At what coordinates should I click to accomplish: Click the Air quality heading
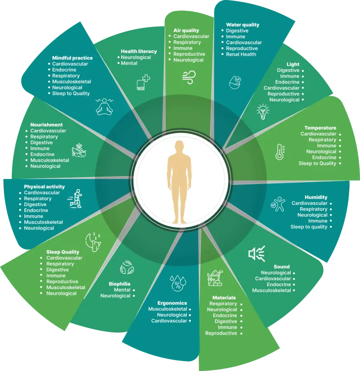186,30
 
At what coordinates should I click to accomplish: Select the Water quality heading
242,25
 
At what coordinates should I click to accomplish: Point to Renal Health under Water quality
241,54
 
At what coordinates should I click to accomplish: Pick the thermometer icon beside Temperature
280,152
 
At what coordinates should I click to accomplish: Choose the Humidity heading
316,197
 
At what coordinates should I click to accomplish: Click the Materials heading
224,298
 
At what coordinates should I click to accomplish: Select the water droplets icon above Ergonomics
178,283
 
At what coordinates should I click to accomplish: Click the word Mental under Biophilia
122,290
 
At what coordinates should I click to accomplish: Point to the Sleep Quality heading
63,252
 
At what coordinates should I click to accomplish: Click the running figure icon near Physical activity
75,199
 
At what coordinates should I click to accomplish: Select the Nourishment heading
46,124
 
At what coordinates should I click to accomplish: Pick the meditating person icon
104,106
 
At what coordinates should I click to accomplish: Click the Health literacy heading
139,51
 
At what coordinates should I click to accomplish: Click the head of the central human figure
179,147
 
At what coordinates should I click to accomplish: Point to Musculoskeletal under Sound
271,290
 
